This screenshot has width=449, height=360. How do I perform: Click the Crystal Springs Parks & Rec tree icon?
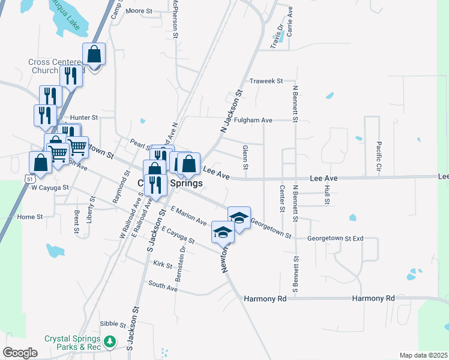[109, 342]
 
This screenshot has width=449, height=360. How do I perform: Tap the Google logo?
[20, 353]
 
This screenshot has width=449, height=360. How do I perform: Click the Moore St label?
[140, 11]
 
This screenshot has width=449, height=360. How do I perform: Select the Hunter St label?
[83, 118]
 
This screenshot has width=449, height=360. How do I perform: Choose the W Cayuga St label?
[50, 187]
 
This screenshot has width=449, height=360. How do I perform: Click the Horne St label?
[30, 217]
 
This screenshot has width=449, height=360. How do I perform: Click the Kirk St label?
[163, 264]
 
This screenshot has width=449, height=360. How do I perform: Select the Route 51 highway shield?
[30, 179]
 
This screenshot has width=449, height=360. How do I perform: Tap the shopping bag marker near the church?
[95, 54]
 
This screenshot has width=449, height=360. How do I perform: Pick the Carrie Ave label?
[290, 20]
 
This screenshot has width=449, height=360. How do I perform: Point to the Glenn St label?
[245, 157]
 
